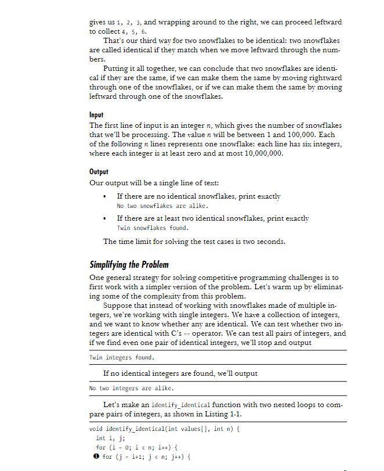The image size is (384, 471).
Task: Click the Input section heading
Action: coord(96,116)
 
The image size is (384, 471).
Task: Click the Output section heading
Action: coord(99,172)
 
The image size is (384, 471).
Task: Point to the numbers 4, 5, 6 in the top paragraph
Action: coord(134,31)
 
